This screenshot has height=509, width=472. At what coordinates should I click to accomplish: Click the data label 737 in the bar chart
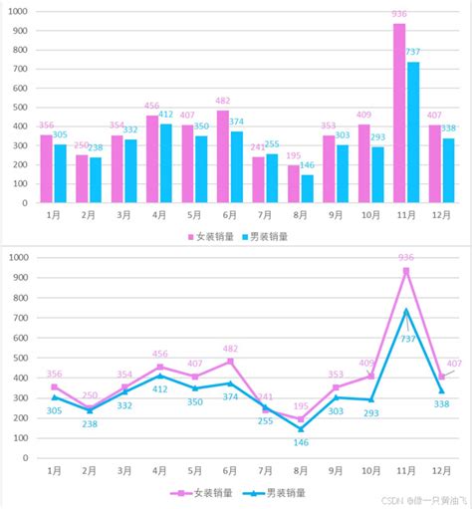coord(413,52)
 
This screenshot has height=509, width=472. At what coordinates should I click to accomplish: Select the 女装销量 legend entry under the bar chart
coord(212,236)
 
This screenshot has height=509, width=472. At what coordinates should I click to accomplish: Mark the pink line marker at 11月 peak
coord(406,270)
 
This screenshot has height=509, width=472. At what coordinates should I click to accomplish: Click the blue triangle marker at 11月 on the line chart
coord(406,310)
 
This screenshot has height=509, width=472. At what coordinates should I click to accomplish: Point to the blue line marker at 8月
coord(301,429)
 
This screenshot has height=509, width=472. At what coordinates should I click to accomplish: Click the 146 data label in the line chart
coord(302,442)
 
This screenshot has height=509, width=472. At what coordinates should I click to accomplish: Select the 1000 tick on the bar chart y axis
coord(17,11)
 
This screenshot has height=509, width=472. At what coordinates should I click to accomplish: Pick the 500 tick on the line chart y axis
coord(19,358)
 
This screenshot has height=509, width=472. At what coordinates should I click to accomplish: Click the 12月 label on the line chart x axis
coord(441,469)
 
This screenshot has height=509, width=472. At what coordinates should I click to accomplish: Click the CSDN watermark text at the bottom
coord(391,501)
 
